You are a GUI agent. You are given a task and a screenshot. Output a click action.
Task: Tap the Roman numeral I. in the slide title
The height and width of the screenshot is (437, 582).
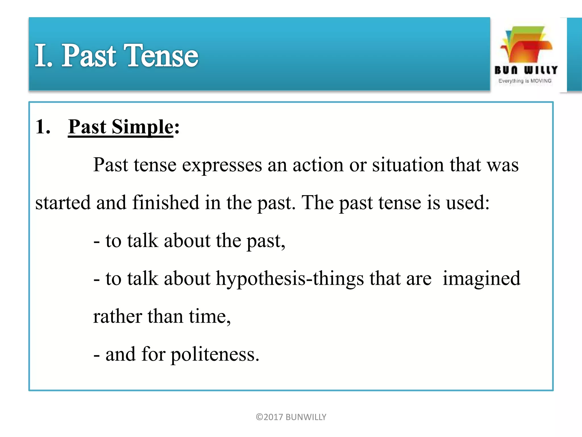[43, 56]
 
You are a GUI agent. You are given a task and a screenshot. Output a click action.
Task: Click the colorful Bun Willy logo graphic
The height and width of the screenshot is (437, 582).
[526, 45]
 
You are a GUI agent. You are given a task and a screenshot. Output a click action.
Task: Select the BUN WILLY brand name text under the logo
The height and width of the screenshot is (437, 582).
[526, 70]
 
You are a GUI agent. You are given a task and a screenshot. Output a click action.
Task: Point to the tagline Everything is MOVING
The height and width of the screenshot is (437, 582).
[525, 81]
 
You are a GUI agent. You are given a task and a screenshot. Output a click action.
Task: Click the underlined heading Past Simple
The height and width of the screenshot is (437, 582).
[120, 127]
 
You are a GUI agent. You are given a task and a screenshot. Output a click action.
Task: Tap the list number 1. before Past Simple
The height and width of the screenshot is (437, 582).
[43, 127]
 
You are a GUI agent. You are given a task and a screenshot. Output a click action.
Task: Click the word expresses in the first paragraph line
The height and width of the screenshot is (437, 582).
[222, 165]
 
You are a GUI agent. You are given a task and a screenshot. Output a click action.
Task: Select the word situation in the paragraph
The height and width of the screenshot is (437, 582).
[408, 165]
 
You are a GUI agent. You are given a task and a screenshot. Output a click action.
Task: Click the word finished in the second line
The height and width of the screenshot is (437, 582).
[166, 203]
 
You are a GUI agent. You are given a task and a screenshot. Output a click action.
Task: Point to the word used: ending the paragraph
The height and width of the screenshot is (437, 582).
[468, 203]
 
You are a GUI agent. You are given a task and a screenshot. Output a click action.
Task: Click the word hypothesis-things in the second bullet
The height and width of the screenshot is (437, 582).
[290, 279]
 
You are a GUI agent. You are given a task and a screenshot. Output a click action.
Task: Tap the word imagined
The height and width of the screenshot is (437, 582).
[481, 279]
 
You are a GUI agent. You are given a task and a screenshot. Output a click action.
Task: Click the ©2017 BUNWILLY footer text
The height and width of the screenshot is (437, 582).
[291, 417]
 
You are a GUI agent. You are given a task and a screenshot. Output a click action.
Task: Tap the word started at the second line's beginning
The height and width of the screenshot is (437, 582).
[63, 203]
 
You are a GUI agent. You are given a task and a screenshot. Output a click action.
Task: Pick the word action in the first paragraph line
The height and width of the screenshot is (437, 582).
[318, 165]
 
